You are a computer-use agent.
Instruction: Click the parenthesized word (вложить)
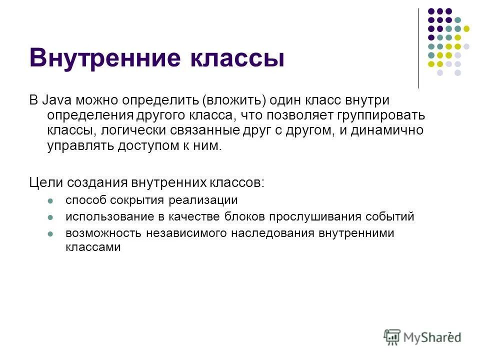(x=233, y=100)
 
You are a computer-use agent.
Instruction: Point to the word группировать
(x=382, y=115)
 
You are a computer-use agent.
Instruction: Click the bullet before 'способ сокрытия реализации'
(x=50, y=201)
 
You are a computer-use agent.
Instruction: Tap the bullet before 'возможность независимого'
(x=50, y=234)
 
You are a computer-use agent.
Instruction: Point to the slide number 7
(x=449, y=333)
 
